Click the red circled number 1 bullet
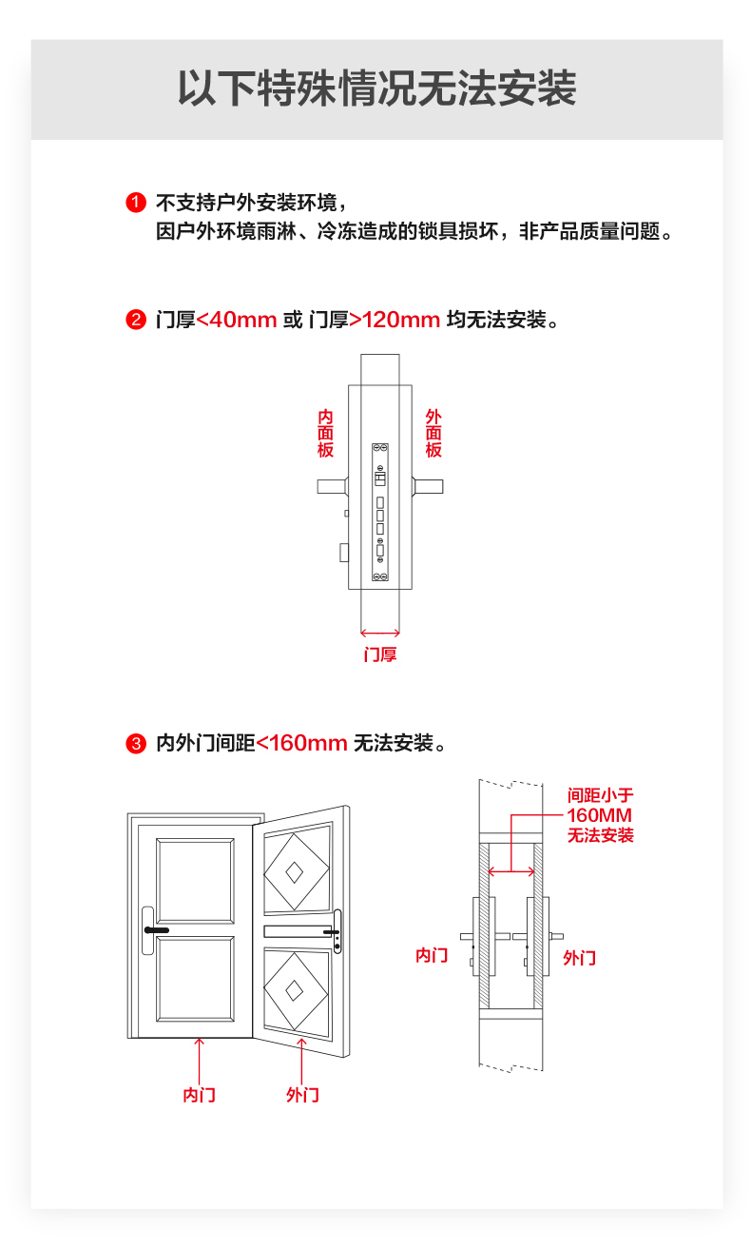[x=135, y=203]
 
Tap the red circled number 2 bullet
[x=135, y=320]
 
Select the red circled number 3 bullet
[x=135, y=743]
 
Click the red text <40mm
[x=237, y=320]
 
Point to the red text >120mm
[x=395, y=320]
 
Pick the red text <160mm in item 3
[x=301, y=743]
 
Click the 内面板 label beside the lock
[x=325, y=433]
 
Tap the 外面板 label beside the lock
[x=433, y=433]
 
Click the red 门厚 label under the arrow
[x=380, y=654]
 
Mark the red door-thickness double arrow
[x=380, y=633]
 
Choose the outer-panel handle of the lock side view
[x=428, y=486]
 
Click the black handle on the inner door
[x=157, y=930]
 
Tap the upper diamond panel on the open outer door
[x=297, y=871]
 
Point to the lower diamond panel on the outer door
[x=297, y=990]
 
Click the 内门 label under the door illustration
[x=199, y=1095]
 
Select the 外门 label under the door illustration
[x=302, y=1095]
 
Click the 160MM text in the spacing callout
[x=600, y=815]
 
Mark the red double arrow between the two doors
[x=511, y=871]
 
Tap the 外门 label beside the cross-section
[x=579, y=958]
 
